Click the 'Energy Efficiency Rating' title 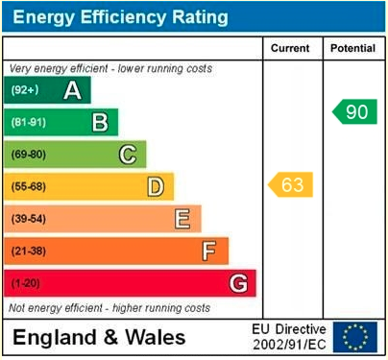(120, 17)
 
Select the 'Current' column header (290, 48)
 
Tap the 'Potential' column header (353, 48)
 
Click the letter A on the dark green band (71, 90)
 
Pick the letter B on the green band (99, 122)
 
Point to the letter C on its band (127, 155)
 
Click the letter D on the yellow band (155, 186)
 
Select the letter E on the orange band (182, 219)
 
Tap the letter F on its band (208, 252)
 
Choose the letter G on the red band (237, 283)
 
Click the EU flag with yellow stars (355, 337)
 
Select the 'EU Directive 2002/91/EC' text (289, 337)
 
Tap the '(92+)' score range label (25, 90)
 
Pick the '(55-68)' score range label (29, 187)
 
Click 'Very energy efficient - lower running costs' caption (110, 69)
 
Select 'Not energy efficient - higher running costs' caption (109, 308)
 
